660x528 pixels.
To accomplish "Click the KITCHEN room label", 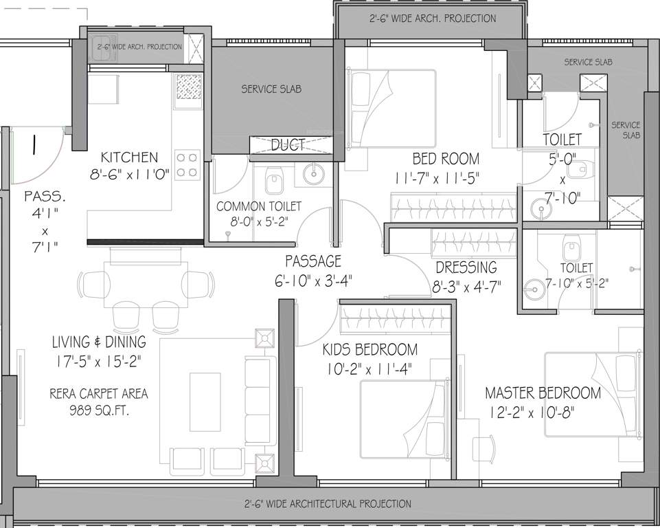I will [129, 157].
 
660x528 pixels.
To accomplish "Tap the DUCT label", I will [288, 144].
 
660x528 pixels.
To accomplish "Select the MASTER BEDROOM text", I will [543, 393].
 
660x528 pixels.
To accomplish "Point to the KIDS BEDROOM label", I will [370, 350].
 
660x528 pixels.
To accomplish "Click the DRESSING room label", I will [466, 267].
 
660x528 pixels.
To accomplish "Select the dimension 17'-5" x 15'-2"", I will [99, 360].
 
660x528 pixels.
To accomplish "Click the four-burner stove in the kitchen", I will [188, 164].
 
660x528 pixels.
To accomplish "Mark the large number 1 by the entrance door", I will [32, 146].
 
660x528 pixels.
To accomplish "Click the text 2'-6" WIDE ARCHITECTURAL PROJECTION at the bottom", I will [329, 504].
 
